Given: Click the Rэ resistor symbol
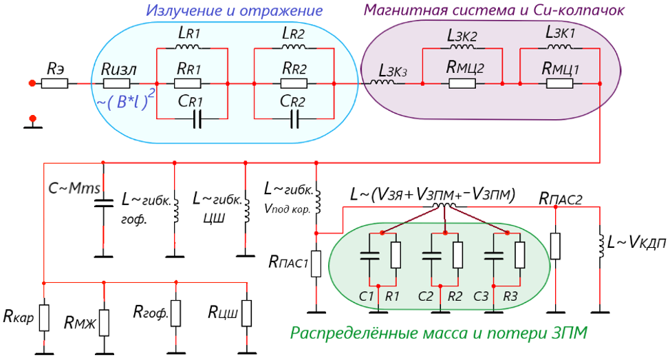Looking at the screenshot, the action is (x=54, y=83).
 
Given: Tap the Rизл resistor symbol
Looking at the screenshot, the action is (x=117, y=83).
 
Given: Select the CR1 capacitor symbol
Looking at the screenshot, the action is (x=197, y=119).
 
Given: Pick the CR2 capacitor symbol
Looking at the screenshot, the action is (x=294, y=119).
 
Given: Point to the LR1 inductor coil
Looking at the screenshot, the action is (x=188, y=46).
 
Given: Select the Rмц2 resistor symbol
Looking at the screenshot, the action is (x=462, y=83).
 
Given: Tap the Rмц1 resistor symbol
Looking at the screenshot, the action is (x=560, y=83).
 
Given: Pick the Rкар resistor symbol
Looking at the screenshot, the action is (x=44, y=318).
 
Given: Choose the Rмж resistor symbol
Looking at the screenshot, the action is (x=104, y=323).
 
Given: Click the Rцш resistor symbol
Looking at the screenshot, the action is (x=246, y=313).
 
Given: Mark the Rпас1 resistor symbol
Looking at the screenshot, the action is (x=316, y=264).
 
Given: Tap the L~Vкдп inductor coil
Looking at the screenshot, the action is (x=600, y=246).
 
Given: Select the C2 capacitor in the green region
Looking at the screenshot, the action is (x=431, y=255).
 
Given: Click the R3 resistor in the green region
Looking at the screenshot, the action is (x=519, y=255).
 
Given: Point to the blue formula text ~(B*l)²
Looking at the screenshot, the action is (x=125, y=101).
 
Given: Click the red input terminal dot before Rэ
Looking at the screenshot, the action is (x=32, y=83).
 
